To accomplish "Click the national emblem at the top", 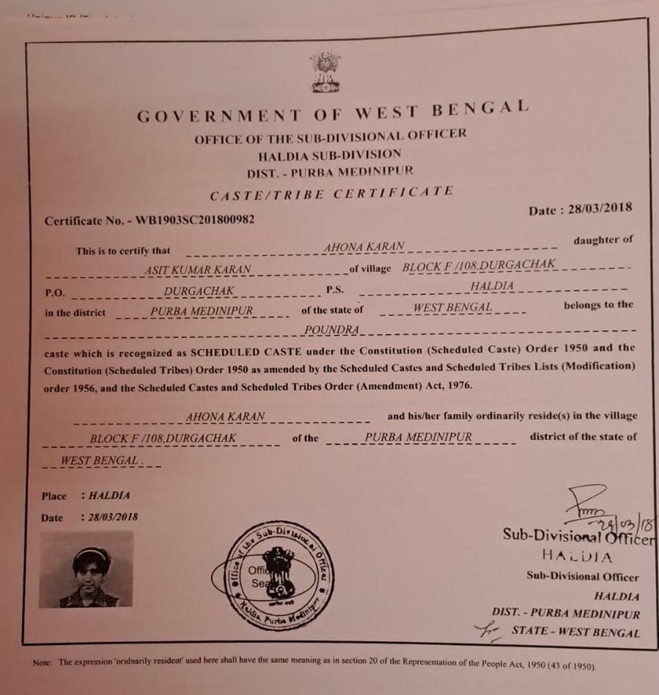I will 325,72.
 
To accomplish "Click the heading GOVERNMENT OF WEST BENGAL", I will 332,112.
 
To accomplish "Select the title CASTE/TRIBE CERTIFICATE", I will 331,194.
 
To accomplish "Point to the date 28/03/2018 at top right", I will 597,208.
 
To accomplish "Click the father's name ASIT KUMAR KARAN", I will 199,270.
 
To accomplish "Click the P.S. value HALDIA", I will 492,286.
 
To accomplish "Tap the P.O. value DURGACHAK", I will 199,291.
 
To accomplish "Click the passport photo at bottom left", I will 86,569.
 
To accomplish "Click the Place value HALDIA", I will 109,496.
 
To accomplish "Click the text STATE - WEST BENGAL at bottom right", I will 575,632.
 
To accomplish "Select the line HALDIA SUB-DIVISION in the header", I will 330,154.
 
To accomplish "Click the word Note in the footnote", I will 41,663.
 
